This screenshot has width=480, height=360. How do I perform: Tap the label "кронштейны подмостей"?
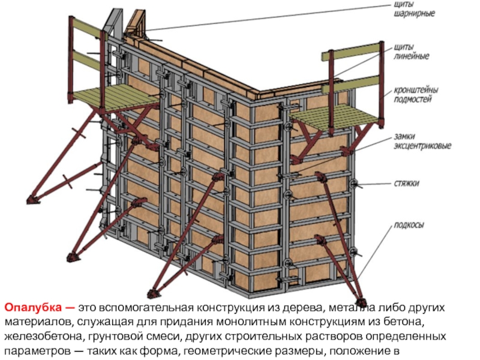click(416, 95)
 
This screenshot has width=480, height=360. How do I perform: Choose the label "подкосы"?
click(409, 225)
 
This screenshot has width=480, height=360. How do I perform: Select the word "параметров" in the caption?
click(34, 351)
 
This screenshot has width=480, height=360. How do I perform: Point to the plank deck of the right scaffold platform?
click(331, 115)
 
